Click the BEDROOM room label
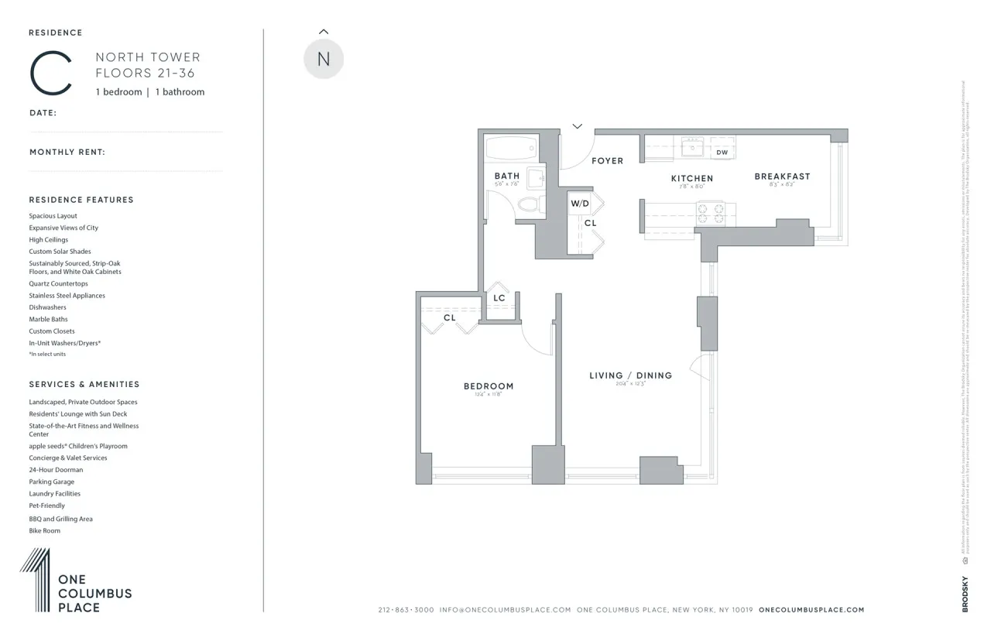[489, 386]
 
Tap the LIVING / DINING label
[630, 375]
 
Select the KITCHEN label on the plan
[691, 178]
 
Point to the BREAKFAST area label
[782, 177]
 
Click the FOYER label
[607, 161]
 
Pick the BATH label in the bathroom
[507, 177]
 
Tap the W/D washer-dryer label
[580, 204]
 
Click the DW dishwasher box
[722, 153]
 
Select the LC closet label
[499, 298]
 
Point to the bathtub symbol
[510, 147]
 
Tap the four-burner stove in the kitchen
[711, 213]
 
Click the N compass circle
[324, 60]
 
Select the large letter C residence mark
[51, 74]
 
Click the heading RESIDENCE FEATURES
[81, 200]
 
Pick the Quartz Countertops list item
[59, 284]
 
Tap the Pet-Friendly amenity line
[47, 506]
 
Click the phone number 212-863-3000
[406, 610]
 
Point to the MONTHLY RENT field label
[67, 153]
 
